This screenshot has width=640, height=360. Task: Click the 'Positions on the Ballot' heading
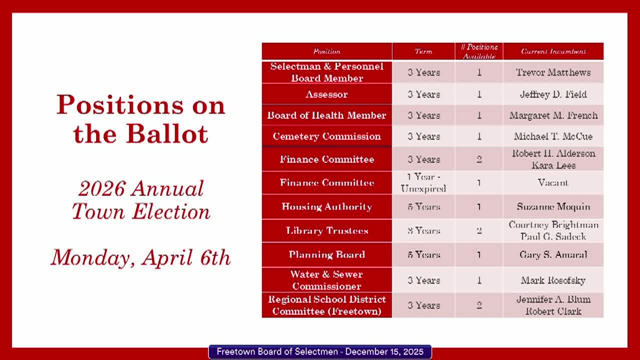(x=140, y=119)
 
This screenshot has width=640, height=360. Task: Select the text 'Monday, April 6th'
(x=140, y=257)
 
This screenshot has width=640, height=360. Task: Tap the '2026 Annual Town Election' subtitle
(x=140, y=200)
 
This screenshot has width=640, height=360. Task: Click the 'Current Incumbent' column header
(x=553, y=51)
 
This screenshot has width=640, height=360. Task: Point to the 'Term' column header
(x=423, y=51)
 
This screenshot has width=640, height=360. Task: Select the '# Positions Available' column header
(x=479, y=51)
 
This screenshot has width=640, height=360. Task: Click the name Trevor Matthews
(x=553, y=72)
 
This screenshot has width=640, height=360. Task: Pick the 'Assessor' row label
(x=326, y=94)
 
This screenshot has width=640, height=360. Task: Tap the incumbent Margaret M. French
(x=553, y=115)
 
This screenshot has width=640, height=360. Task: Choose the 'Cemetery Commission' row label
(x=326, y=136)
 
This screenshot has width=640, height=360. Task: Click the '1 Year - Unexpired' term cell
(x=423, y=183)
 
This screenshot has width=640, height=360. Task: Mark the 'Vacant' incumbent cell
(x=553, y=183)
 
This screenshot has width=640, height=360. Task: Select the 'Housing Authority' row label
(x=326, y=206)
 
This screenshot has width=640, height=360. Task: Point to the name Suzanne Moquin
(x=553, y=206)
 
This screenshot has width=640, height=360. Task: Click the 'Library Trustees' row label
(x=326, y=230)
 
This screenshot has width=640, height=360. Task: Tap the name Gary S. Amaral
(x=553, y=254)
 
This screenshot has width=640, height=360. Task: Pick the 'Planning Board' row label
(x=326, y=254)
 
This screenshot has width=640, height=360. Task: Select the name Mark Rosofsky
(x=553, y=280)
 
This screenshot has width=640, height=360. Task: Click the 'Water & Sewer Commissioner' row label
(x=326, y=280)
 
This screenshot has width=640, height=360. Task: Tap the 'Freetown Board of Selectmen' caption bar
(x=320, y=352)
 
